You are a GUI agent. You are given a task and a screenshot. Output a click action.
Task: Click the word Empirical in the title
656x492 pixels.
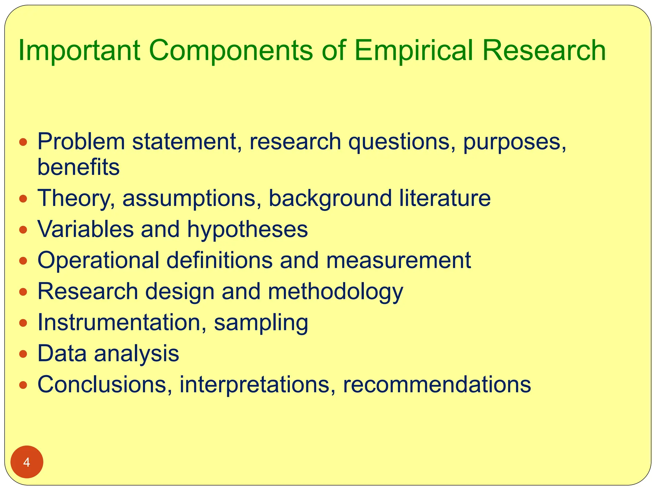point(413,51)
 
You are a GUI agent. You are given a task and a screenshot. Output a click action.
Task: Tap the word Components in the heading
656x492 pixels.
point(231,51)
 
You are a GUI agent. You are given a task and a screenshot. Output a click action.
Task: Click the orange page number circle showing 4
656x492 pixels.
point(27,462)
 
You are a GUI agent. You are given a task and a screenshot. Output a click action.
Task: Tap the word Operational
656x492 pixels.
point(98,260)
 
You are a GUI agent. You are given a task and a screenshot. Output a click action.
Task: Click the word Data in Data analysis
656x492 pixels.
point(62,353)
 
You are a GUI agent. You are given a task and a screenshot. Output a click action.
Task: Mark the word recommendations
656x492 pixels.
point(437,384)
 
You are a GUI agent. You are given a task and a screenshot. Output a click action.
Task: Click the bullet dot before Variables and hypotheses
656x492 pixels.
point(23,230)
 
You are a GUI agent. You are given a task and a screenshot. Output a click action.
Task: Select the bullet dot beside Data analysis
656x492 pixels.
point(23,354)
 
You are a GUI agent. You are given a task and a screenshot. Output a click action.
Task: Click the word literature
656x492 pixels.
point(445,198)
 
